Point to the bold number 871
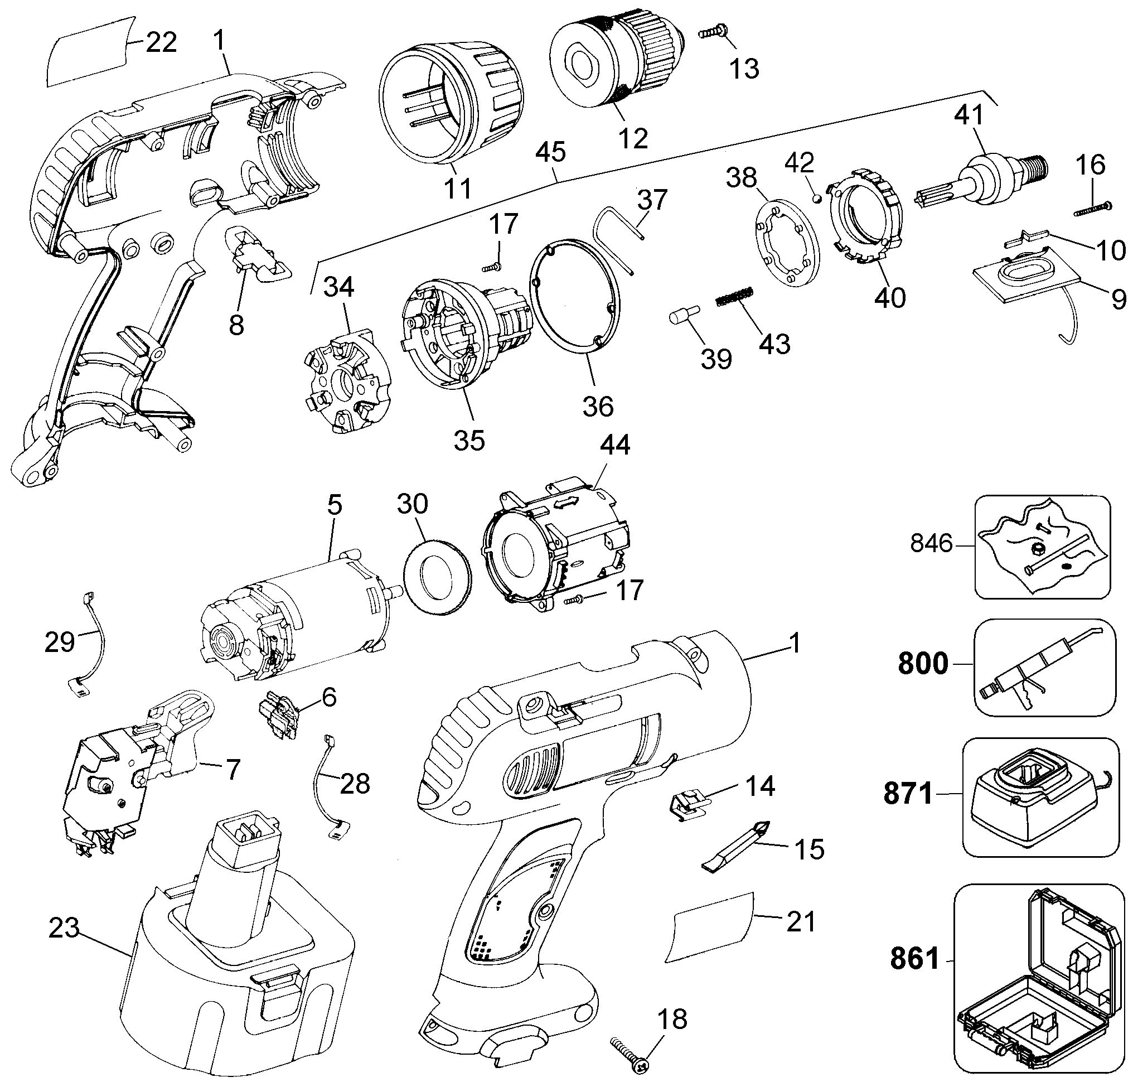908,795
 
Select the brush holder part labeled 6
280,715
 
